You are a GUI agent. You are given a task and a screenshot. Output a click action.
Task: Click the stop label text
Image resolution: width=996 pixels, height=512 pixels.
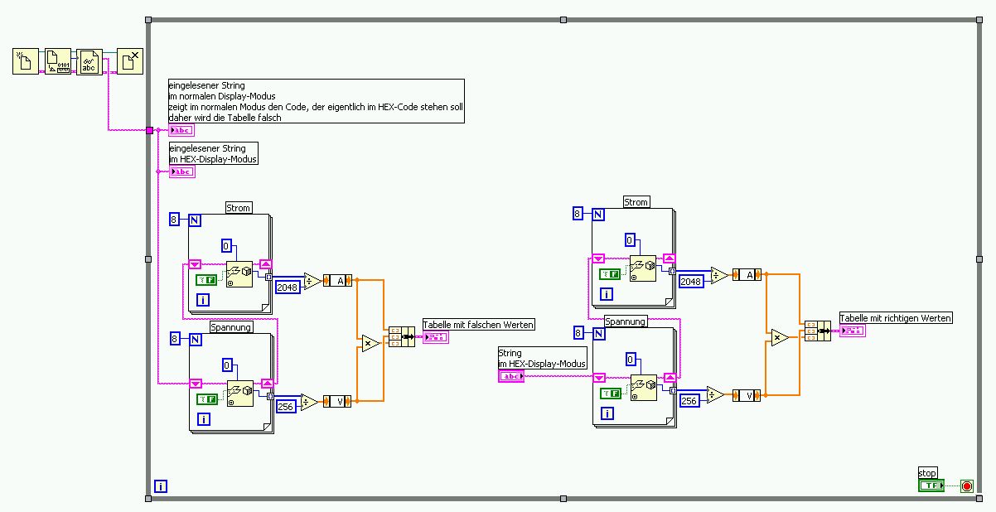pos(927,473)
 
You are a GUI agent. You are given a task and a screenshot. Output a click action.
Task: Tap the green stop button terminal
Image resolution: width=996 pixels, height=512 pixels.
pos(931,485)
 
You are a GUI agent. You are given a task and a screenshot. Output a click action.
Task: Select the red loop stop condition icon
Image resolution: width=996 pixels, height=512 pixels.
pos(966,486)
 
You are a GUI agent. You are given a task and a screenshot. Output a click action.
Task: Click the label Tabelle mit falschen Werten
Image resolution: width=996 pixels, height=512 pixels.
pos(478,325)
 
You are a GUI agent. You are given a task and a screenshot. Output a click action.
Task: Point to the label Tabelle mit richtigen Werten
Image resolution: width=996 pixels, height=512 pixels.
pos(896,318)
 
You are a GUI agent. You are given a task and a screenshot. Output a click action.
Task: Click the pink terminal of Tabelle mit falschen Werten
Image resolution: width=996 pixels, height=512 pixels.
pos(435,337)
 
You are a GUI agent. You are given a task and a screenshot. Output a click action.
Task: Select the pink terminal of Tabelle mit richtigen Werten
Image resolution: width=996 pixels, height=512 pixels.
pos(852,331)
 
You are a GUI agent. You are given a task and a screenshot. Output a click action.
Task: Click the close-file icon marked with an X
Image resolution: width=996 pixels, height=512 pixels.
pos(129,61)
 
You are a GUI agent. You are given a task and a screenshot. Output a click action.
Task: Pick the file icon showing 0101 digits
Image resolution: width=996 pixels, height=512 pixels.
pos(58,61)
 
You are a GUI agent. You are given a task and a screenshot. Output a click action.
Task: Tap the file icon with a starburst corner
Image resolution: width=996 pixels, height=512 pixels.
pos(26,61)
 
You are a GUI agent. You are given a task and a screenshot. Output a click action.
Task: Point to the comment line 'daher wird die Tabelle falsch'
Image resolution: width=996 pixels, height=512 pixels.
pos(225,118)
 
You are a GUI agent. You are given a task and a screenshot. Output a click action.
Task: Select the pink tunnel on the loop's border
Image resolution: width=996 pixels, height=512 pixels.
pos(149,130)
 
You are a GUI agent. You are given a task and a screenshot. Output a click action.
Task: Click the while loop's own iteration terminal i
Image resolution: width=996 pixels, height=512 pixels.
pos(161,486)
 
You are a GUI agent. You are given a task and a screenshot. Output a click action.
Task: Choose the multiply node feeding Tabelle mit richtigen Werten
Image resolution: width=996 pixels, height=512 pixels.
pos(778,337)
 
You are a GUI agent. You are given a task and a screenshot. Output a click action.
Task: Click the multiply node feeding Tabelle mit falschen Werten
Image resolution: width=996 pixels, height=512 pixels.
pos(370,343)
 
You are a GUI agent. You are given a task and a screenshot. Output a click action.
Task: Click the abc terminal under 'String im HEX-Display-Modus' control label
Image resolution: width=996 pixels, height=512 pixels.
pos(510,376)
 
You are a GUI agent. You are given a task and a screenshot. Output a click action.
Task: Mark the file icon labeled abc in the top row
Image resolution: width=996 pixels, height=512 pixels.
pos(89,61)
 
